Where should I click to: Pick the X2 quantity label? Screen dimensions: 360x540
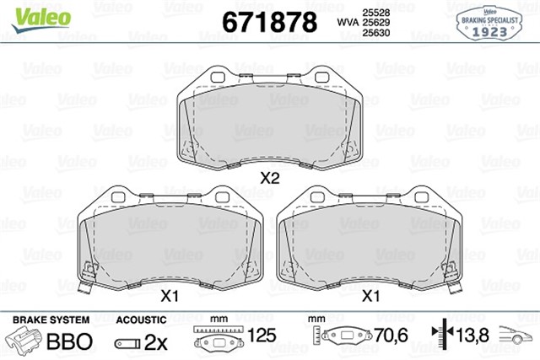pyautogui.click(x=269, y=178)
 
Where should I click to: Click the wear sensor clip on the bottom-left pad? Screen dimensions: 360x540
pyautogui.click(x=84, y=287)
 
